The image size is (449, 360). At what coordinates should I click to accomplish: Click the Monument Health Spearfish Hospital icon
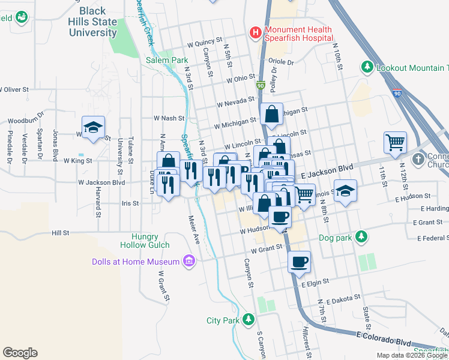(x=256, y=32)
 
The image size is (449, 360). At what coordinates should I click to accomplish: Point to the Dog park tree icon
(x=360, y=236)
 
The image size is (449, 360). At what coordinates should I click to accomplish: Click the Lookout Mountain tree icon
(x=367, y=68)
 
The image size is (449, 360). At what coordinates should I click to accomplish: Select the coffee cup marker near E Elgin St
(x=299, y=261)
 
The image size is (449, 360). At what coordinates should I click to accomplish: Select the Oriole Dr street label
(x=280, y=62)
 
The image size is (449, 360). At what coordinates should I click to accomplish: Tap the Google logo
(x=20, y=353)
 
